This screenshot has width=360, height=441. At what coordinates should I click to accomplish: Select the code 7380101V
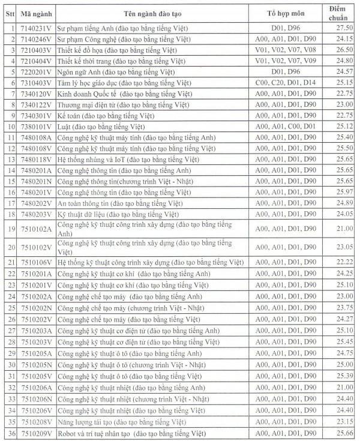point(36,127)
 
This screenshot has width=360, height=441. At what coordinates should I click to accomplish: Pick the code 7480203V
point(36,214)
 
